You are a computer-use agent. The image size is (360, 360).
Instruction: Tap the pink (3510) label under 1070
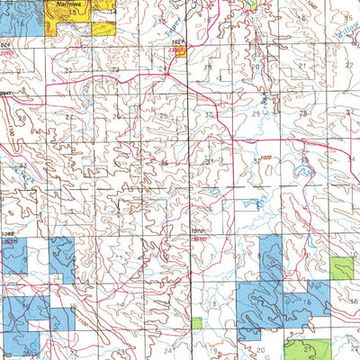(x=199, y=240)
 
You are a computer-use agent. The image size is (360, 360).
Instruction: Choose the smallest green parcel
(x=197, y=322)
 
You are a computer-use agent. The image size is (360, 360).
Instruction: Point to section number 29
(x=256, y=115)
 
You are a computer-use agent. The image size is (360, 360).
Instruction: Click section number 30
(x=208, y=115)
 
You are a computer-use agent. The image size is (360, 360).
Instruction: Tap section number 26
(x=116, y=116)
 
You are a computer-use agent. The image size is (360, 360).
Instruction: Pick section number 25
(x=163, y=115)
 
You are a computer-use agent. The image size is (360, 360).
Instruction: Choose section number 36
(x=163, y=163)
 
